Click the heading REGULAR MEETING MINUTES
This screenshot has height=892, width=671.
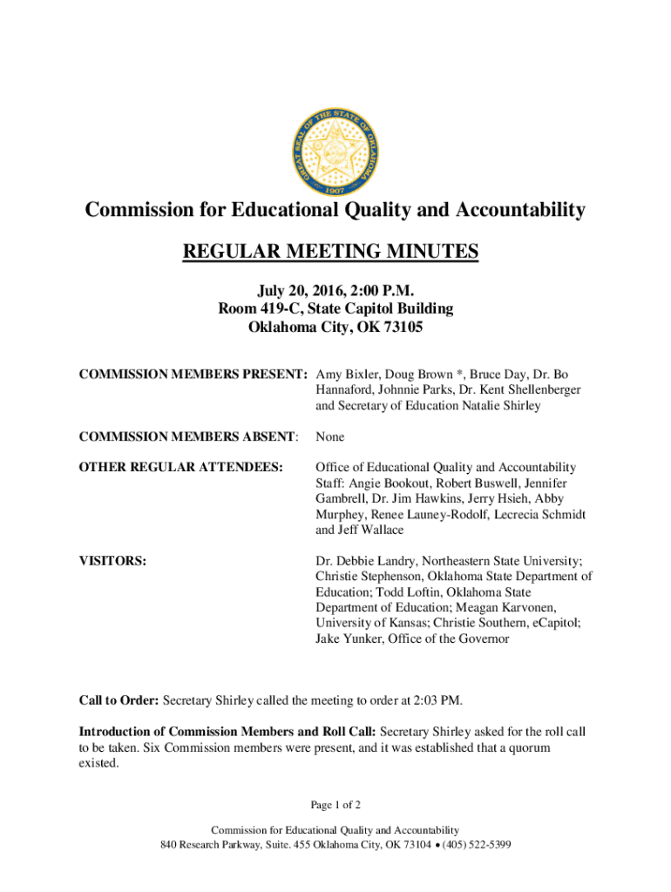[x=330, y=253]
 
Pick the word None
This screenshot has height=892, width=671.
[x=329, y=436]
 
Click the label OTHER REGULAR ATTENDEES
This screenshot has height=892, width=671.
[x=181, y=468]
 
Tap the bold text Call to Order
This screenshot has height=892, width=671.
[x=119, y=699]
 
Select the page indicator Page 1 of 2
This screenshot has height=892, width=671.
[x=335, y=804]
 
